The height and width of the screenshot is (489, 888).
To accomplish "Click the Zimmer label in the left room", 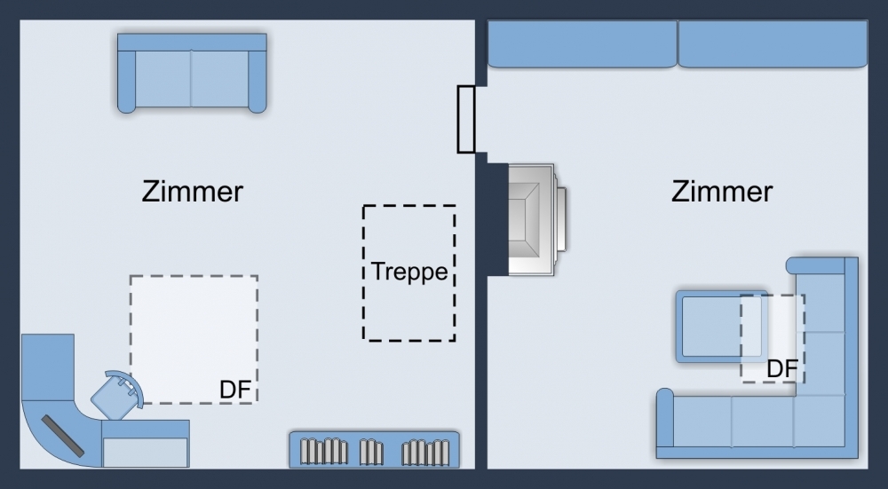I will click(x=192, y=192).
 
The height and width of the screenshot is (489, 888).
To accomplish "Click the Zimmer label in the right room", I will click(x=721, y=192).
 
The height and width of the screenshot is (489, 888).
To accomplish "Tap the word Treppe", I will click(x=409, y=272).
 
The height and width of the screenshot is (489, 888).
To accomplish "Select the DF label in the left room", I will click(x=235, y=390).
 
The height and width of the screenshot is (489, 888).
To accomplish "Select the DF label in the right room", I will click(x=781, y=368).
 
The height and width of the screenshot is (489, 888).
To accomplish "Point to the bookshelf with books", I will click(x=374, y=449).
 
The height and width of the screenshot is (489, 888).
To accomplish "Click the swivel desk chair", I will click(x=118, y=393).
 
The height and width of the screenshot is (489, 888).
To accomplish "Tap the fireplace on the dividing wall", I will click(x=533, y=218).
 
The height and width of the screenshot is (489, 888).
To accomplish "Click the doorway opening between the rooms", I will click(x=466, y=119).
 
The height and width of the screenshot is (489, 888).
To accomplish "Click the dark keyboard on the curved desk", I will click(x=67, y=434).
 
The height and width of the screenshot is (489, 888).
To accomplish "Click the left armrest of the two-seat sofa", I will click(x=126, y=80).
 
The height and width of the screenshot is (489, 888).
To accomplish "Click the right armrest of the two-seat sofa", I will click(x=258, y=80).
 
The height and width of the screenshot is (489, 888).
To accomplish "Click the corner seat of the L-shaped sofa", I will click(x=821, y=422).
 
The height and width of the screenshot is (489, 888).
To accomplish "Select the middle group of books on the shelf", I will click(x=370, y=452).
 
